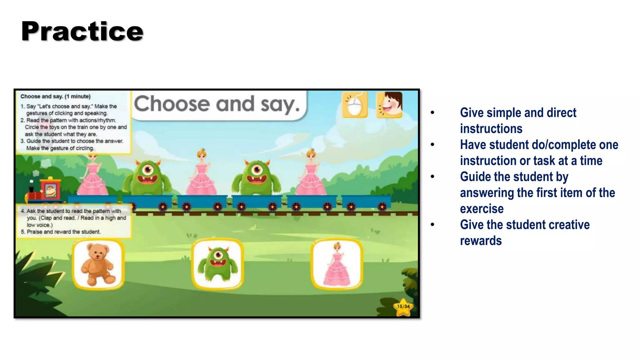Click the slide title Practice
[82, 31]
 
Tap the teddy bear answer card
[98, 264]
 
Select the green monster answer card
[218, 264]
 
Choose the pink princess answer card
[337, 264]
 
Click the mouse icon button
[355, 105]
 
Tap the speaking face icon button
[389, 105]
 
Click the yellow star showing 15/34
[403, 307]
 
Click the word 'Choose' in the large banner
[172, 104]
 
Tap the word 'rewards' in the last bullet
[481, 241]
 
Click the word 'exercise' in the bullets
[482, 208]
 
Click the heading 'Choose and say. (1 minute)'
[55, 97]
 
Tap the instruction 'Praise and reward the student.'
[63, 232]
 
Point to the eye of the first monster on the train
[147, 170]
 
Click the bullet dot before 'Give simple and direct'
[432, 112]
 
